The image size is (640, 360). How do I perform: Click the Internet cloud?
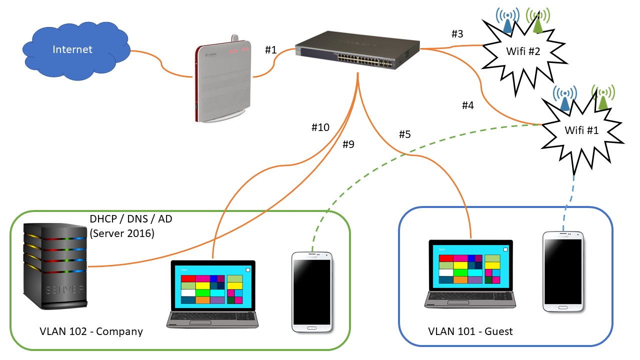point(74,50)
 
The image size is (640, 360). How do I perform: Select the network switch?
point(357,52)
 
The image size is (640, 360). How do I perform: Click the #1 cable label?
point(270,49)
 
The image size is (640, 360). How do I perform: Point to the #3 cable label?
point(457,34)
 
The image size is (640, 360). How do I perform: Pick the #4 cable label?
point(467,105)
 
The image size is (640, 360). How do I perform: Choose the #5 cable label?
point(404,134)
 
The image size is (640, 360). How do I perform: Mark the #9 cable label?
point(348,144)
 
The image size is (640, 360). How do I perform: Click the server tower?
point(55,265)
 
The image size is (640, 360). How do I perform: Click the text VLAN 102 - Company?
point(91,331)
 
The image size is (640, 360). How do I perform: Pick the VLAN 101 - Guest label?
point(470,331)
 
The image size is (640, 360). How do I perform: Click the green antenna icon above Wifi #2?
point(537,21)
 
